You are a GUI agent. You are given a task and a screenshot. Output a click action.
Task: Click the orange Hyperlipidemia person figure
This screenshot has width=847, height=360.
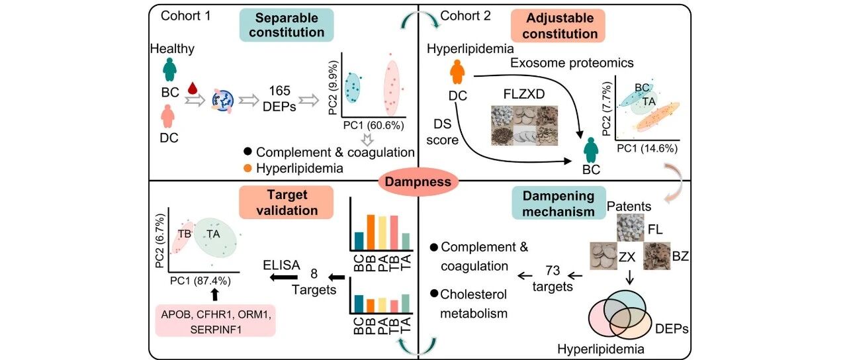point(457,71)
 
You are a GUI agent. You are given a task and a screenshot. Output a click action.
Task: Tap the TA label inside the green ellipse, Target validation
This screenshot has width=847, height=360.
point(213,234)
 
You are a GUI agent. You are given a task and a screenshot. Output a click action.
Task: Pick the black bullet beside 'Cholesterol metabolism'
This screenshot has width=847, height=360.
point(434,292)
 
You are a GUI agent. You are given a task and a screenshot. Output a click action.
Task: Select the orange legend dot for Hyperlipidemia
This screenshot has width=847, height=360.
point(247,168)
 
